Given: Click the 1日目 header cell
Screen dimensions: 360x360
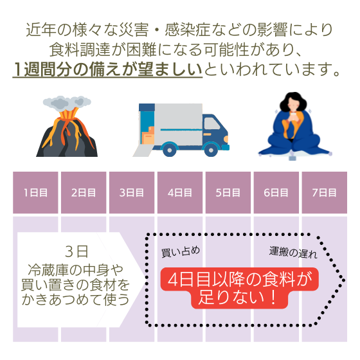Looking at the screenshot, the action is [35, 192].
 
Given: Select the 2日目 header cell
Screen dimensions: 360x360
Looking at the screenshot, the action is [84, 192].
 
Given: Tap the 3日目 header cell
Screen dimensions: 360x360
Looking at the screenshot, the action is [132, 192].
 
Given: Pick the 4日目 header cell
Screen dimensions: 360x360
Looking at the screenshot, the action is [180, 192].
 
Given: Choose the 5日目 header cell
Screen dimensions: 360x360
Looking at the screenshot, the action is [228, 192].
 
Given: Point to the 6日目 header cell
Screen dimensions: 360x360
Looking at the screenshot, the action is [276, 192].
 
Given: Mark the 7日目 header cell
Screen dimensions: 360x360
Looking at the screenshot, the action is [324, 192].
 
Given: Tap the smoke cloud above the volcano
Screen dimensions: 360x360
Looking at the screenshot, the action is [67, 104].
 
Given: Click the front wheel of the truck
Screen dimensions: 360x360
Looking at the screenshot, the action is [211, 150].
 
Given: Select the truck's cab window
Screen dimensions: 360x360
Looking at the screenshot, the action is [212, 123].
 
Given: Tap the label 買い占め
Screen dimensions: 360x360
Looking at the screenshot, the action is [181, 251].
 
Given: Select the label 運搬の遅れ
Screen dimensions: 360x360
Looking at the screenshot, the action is [293, 253].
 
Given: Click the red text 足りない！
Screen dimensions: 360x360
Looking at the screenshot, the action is [238, 298].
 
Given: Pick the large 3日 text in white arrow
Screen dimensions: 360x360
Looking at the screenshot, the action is [76, 251].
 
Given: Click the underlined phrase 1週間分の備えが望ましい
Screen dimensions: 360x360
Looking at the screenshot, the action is [107, 69].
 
